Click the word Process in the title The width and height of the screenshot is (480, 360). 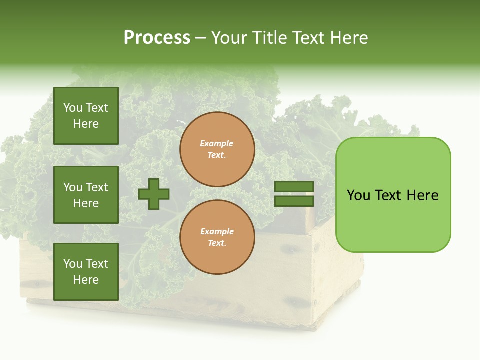pyautogui.click(x=157, y=38)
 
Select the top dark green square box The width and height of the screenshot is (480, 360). pyautogui.click(x=86, y=116)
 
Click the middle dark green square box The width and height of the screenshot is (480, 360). pyautogui.click(x=86, y=195)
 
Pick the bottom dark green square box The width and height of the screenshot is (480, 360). pyautogui.click(x=86, y=272)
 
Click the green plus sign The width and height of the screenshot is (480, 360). pyautogui.click(x=154, y=194)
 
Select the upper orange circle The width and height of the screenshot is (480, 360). pyautogui.click(x=217, y=149)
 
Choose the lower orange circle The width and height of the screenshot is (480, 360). pyautogui.click(x=217, y=237)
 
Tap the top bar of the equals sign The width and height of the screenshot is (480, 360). pyautogui.click(x=294, y=187)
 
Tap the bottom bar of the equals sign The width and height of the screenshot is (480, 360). pyautogui.click(x=294, y=201)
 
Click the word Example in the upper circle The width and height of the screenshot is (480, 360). pyautogui.click(x=216, y=144)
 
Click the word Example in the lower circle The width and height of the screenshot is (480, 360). pyautogui.click(x=217, y=232)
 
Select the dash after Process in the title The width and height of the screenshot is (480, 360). pyautogui.click(x=200, y=38)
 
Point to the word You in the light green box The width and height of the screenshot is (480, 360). pyautogui.click(x=359, y=195)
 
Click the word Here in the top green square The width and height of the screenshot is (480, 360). pyautogui.click(x=86, y=124)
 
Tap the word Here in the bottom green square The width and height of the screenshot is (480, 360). pyautogui.click(x=86, y=280)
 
